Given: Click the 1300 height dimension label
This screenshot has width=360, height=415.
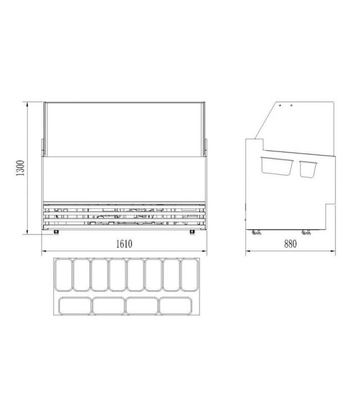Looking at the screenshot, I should click(20, 168).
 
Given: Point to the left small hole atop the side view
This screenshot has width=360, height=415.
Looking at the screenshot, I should click(280, 105).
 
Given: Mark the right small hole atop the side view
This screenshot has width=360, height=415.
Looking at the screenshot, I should click(289, 105).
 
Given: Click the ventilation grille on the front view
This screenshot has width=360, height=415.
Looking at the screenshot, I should click(125, 215).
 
